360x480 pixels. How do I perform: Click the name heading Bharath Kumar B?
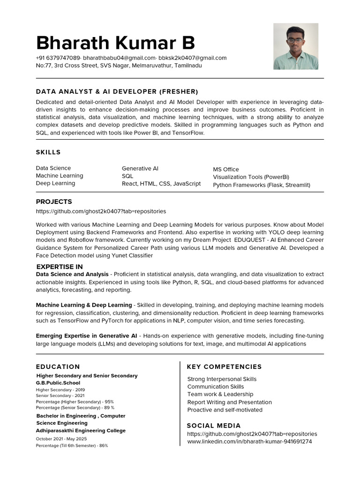pos(115,43)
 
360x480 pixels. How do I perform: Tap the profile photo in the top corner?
pos(295,46)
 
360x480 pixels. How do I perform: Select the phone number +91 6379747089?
pos(58,58)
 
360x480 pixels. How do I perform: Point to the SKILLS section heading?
pos(48,152)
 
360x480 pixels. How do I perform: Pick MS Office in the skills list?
pos(226,169)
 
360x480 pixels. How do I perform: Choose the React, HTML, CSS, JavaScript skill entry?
pos(161,184)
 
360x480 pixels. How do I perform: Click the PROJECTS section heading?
pos(54,202)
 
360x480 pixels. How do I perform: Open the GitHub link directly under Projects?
pos(101,211)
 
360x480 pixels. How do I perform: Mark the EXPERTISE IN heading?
pos(60,267)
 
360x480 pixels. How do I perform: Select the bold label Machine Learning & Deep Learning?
pos(84,305)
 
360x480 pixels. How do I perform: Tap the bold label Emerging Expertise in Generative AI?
pos(87,336)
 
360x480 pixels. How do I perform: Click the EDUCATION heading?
pos(58,367)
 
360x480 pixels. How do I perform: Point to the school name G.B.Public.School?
pos(58,382)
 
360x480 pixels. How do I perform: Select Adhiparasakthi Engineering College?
pos(81,430)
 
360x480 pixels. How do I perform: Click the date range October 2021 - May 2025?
pos(61,439)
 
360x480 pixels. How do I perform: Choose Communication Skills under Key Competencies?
pos(216,387)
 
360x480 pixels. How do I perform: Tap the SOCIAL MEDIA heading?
pos(214,426)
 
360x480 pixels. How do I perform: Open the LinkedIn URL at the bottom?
pos(249,442)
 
